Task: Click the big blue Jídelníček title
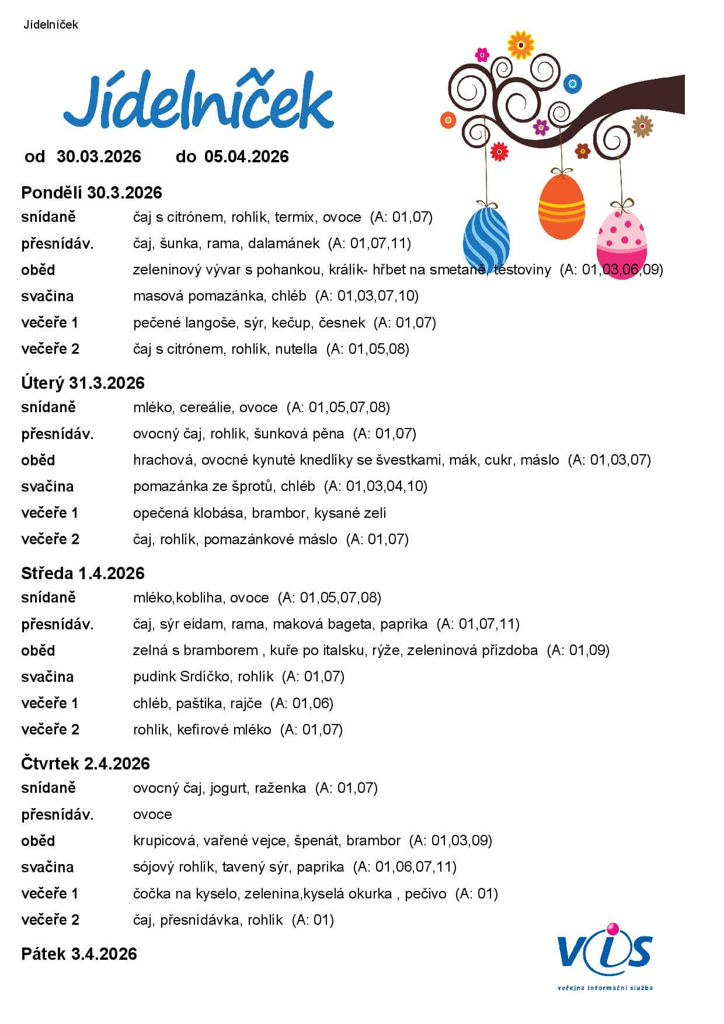[x=199, y=104]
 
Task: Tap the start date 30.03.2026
[x=99, y=156]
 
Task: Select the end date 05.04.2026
[x=246, y=156]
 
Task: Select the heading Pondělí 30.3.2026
[x=92, y=193]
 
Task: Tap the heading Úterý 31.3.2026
[x=83, y=383]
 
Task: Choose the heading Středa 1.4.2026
[x=83, y=573]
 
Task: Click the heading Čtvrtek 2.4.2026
[x=86, y=764]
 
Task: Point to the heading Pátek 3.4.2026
[x=79, y=954]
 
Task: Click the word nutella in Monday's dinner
[x=297, y=349]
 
